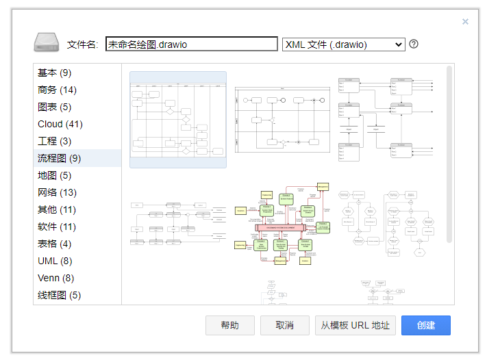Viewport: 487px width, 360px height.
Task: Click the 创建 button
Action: tap(425, 325)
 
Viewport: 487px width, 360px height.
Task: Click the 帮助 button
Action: tap(229, 325)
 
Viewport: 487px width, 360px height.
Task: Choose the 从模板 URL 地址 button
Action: tap(355, 325)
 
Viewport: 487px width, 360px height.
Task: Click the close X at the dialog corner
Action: tap(465, 22)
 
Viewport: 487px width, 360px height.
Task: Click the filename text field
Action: tap(191, 44)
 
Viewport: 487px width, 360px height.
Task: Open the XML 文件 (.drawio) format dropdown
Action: tap(343, 44)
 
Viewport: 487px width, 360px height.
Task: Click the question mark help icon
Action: tap(414, 44)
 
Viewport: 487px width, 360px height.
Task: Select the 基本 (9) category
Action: tap(55, 73)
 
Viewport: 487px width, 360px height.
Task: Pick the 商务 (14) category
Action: tap(57, 90)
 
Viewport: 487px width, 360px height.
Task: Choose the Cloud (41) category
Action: tap(60, 125)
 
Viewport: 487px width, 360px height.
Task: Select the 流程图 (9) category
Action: tap(60, 159)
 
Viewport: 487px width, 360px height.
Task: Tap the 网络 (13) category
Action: tap(57, 193)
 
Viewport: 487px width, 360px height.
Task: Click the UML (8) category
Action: tap(55, 261)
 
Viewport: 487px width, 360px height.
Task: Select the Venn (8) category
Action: tap(56, 279)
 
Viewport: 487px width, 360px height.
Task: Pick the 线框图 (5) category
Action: tap(60, 296)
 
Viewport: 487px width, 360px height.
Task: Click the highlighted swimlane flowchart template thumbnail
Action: tap(178, 120)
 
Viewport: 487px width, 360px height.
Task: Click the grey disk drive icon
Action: tap(47, 43)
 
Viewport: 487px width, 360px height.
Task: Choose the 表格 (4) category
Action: tap(55, 244)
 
